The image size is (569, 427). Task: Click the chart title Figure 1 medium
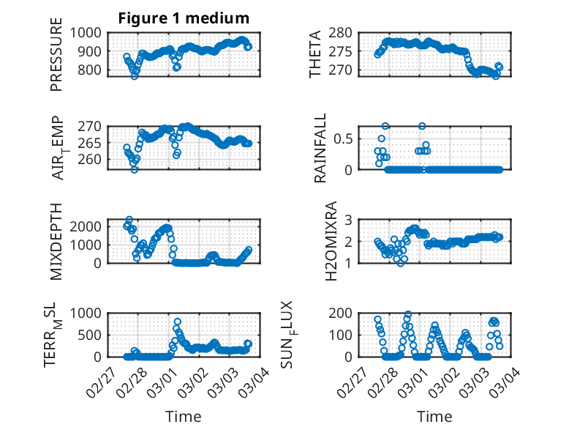184,18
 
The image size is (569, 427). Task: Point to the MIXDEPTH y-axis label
56,241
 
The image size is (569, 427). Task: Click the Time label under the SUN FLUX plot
434,416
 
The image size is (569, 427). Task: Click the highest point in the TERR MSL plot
178,322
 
